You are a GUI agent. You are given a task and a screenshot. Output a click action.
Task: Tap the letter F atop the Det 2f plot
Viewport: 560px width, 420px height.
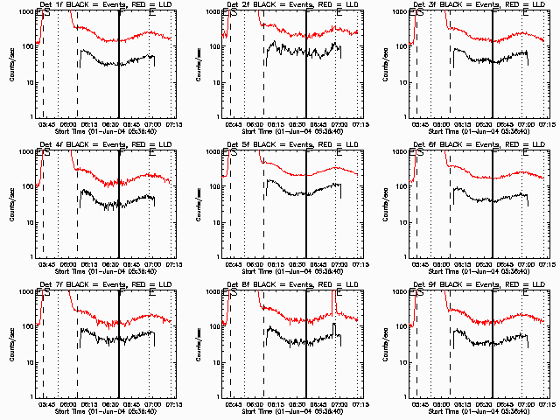pyautogui.click(x=308, y=16)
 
